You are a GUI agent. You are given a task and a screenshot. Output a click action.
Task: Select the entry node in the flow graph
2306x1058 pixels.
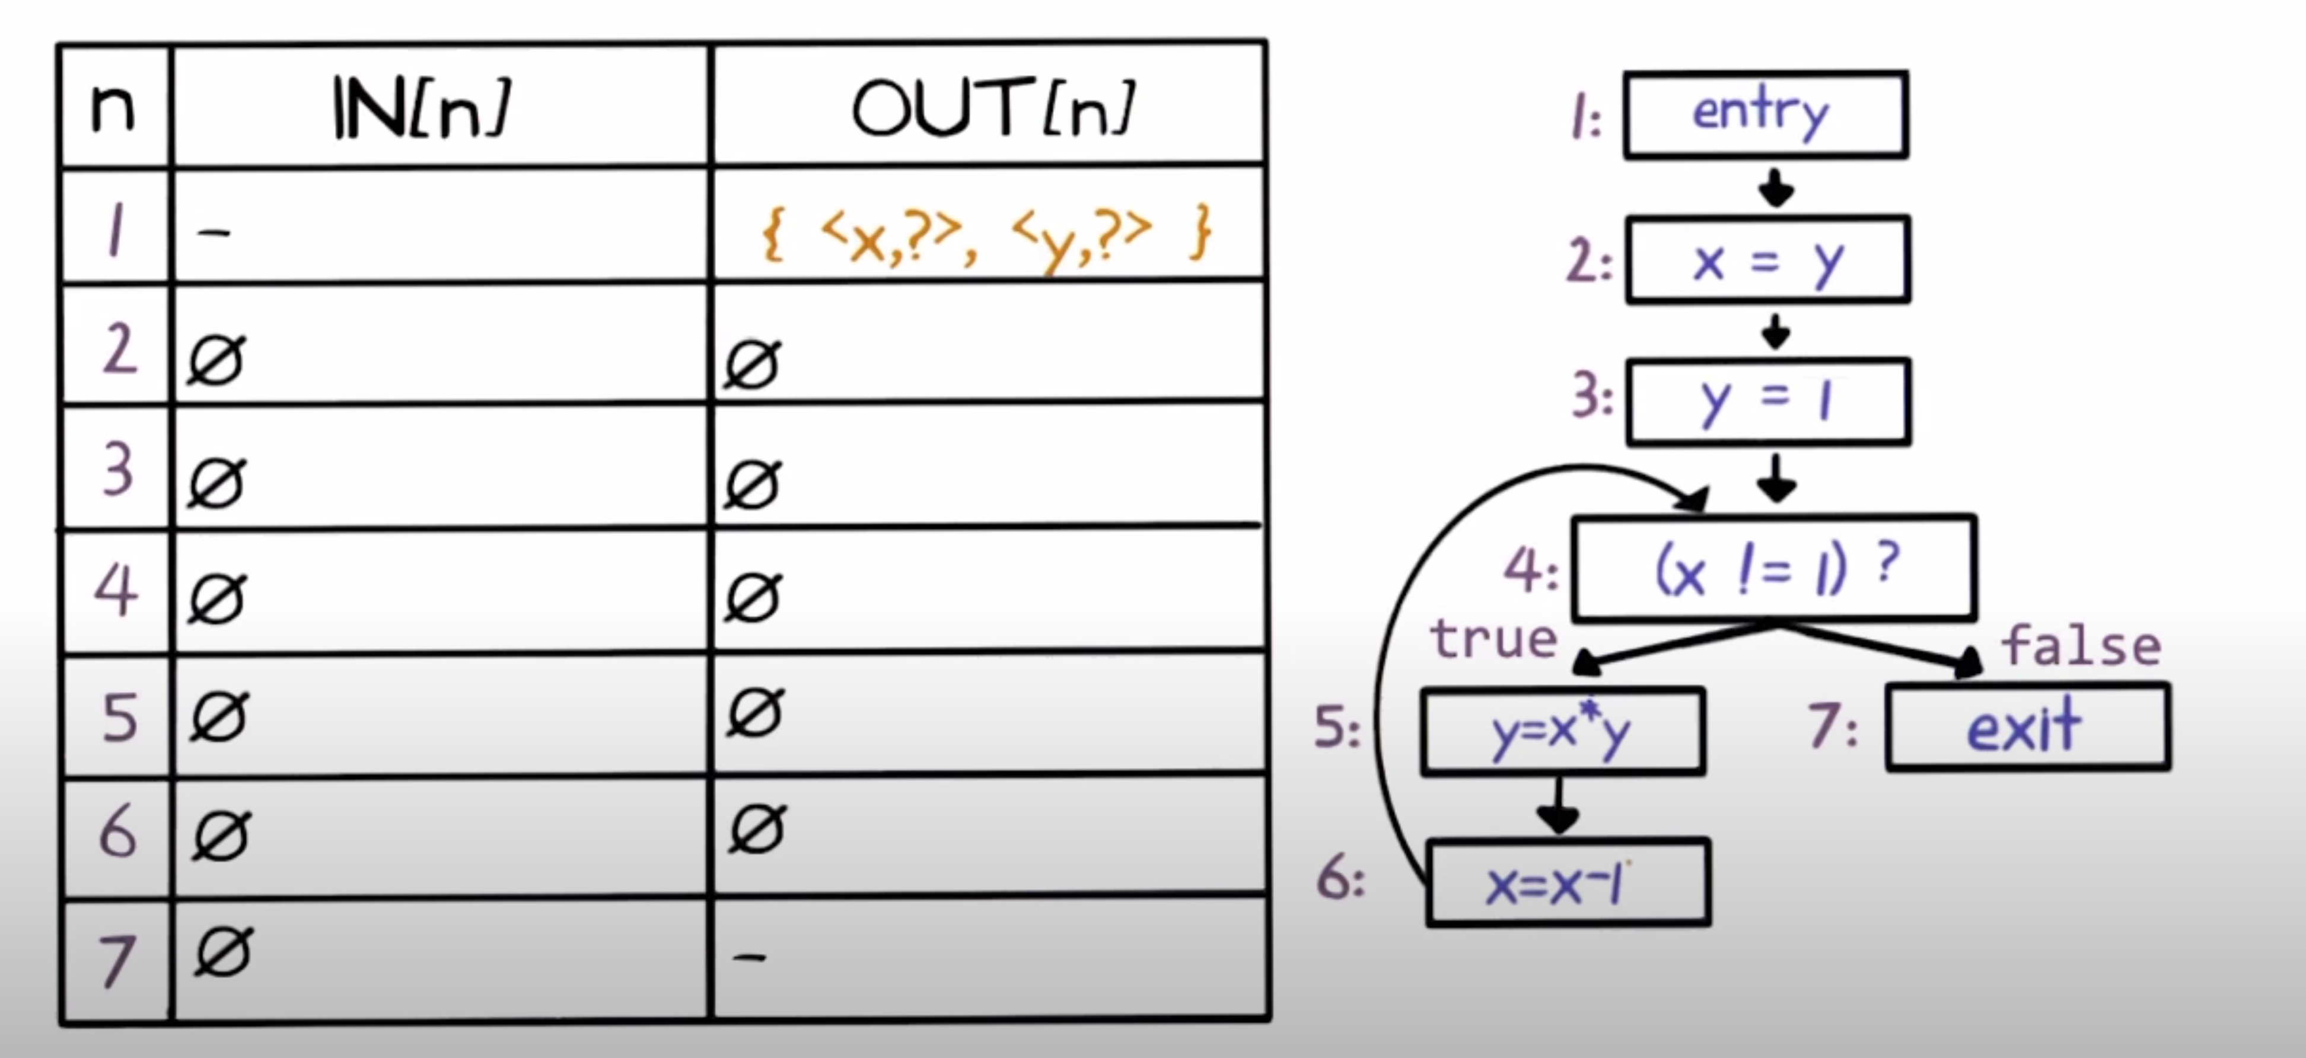[x=1765, y=114]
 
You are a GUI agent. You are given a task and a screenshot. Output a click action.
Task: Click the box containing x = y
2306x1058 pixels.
[x=1768, y=260]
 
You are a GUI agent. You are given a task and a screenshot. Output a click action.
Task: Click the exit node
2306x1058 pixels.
[x=2028, y=728]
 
